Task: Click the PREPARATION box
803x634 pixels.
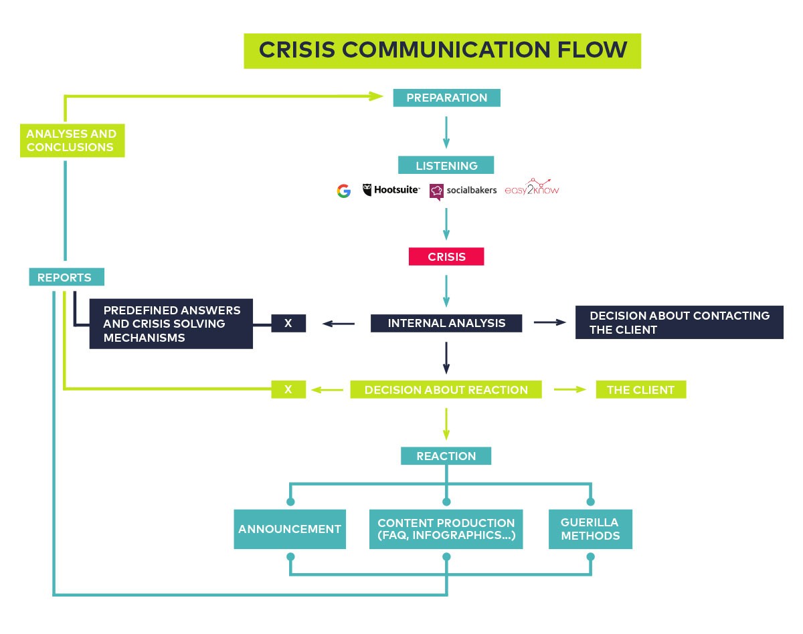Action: click(446, 98)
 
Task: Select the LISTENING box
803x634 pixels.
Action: click(446, 165)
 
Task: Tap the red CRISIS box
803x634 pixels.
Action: click(446, 257)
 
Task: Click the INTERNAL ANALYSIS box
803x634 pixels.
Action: click(446, 323)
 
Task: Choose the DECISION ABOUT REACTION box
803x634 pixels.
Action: click(446, 389)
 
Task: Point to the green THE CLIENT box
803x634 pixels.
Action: click(641, 389)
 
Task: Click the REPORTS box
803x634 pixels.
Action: click(66, 277)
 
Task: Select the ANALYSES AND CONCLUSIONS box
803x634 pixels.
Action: click(72, 140)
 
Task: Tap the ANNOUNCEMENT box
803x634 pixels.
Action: click(290, 529)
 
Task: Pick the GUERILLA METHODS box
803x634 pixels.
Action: click(590, 529)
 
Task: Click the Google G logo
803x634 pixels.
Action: click(344, 191)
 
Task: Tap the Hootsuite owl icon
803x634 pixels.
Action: click(367, 189)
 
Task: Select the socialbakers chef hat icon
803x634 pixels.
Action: click(436, 192)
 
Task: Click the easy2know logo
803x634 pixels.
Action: click(532, 187)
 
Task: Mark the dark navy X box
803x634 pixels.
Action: click(288, 323)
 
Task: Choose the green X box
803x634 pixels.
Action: click(288, 389)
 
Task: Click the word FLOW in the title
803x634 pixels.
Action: click(592, 50)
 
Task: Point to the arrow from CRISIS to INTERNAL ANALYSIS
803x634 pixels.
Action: click(446, 292)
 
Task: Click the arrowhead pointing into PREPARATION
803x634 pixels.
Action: click(376, 96)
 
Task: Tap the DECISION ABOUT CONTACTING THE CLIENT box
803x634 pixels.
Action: click(679, 322)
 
